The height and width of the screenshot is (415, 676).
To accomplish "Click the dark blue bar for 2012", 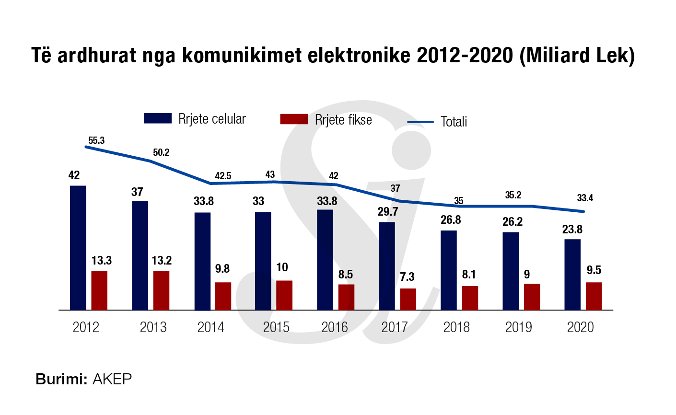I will [x=78, y=248].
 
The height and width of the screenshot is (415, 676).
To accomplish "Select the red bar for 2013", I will [x=161, y=290].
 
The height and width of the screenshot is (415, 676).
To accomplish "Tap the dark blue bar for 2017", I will [x=387, y=266].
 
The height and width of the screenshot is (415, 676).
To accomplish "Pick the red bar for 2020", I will [x=594, y=296].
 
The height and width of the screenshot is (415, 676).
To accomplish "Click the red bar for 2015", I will [x=284, y=295].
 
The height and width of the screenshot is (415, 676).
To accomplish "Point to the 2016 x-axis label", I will [x=335, y=327].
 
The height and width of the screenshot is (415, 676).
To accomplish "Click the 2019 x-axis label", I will [x=519, y=327].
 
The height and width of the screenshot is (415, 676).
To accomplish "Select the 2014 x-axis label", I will [x=211, y=327].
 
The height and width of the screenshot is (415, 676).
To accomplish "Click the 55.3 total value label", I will [x=96, y=140].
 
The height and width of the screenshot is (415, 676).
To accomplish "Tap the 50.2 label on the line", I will [x=161, y=153].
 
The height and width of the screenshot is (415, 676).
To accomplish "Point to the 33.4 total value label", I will [x=585, y=198].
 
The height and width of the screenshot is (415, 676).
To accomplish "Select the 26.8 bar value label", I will [x=451, y=220].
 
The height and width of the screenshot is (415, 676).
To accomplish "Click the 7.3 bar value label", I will [x=407, y=277].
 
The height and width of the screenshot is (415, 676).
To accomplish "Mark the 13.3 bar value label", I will [x=102, y=261].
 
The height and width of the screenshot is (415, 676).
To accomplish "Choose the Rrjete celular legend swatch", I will [x=158, y=119].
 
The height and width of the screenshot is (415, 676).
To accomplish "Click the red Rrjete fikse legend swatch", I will [x=294, y=119].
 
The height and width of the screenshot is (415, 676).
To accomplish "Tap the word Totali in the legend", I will [x=454, y=122].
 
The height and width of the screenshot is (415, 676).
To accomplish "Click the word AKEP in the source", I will [x=112, y=380].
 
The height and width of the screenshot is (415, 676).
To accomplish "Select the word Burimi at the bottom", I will [x=61, y=380].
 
